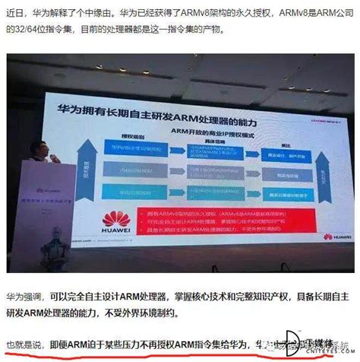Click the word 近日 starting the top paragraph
tap(14, 13)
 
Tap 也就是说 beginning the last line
tap(24, 343)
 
